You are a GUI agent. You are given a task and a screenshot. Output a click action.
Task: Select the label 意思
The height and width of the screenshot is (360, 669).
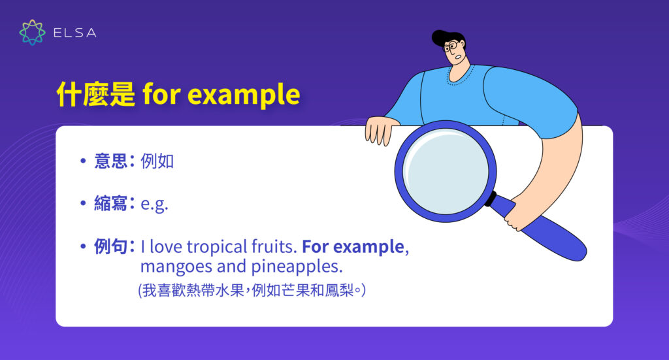point(111,161)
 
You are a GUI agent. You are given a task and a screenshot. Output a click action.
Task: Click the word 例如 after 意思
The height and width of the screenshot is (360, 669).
point(157,161)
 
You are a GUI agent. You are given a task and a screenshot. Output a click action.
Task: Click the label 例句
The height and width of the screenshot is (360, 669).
point(111,246)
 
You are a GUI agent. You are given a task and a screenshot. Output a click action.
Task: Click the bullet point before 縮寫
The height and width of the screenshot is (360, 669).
point(83,204)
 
